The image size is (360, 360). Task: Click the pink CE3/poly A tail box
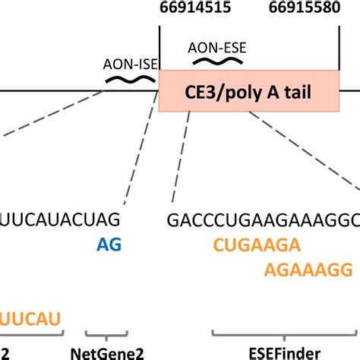(x=248, y=92)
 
